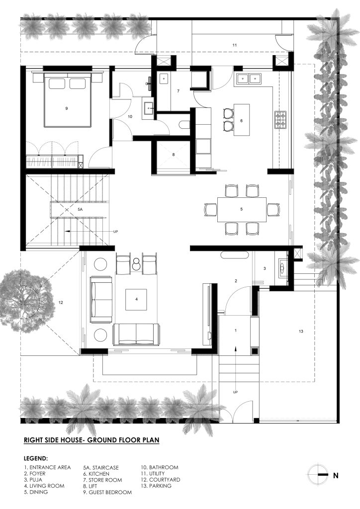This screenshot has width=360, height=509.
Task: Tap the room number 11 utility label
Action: tap(235, 45)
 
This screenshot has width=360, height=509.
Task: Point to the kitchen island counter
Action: tap(241, 120)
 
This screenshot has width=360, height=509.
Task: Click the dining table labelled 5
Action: tap(242, 209)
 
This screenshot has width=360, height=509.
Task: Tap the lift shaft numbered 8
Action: tap(174, 155)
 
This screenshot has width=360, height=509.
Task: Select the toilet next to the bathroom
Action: tap(184, 125)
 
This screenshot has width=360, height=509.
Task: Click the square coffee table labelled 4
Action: tap(136, 299)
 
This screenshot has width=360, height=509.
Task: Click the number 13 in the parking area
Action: tap(301, 331)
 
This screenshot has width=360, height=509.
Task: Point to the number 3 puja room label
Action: tap(265, 268)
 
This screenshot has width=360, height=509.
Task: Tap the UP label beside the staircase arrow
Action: tap(115, 232)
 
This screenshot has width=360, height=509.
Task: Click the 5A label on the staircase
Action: tap(80, 210)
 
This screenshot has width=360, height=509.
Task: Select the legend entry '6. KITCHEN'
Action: tap(96, 474)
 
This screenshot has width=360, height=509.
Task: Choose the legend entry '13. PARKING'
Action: tap(156, 486)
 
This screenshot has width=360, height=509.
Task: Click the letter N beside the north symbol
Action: tap(336, 476)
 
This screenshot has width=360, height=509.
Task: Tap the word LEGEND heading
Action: tap(36, 459)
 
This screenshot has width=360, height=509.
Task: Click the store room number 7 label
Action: tap(178, 91)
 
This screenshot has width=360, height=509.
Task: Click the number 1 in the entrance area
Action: tap(236, 331)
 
